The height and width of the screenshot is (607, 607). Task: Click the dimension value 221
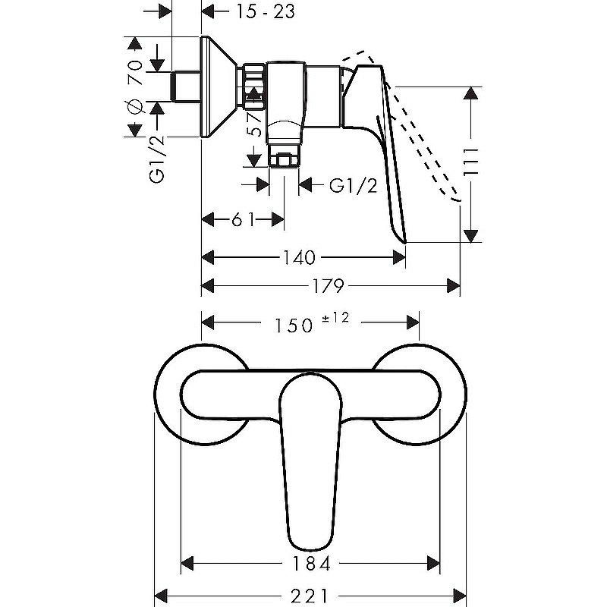coord(310,596)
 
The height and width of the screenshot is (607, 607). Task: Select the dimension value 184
coord(311,563)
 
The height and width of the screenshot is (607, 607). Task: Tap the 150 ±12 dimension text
coord(312,323)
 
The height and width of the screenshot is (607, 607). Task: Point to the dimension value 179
coord(328,286)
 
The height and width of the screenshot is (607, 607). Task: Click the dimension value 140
coord(299,257)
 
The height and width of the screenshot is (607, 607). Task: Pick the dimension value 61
coord(243,219)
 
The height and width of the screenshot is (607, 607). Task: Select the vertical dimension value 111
coord(471,162)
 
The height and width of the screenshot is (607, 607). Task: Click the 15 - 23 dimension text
coord(266,11)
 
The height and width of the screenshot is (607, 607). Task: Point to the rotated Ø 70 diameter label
coord(135,87)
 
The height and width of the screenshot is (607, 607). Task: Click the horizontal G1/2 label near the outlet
coord(353,186)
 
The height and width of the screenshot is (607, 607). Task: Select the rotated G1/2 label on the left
coord(157,159)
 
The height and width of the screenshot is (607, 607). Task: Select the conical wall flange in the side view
coord(219,86)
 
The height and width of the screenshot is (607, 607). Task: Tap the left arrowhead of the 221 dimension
coord(161,596)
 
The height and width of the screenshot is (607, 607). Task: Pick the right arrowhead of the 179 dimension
coord(454,286)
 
